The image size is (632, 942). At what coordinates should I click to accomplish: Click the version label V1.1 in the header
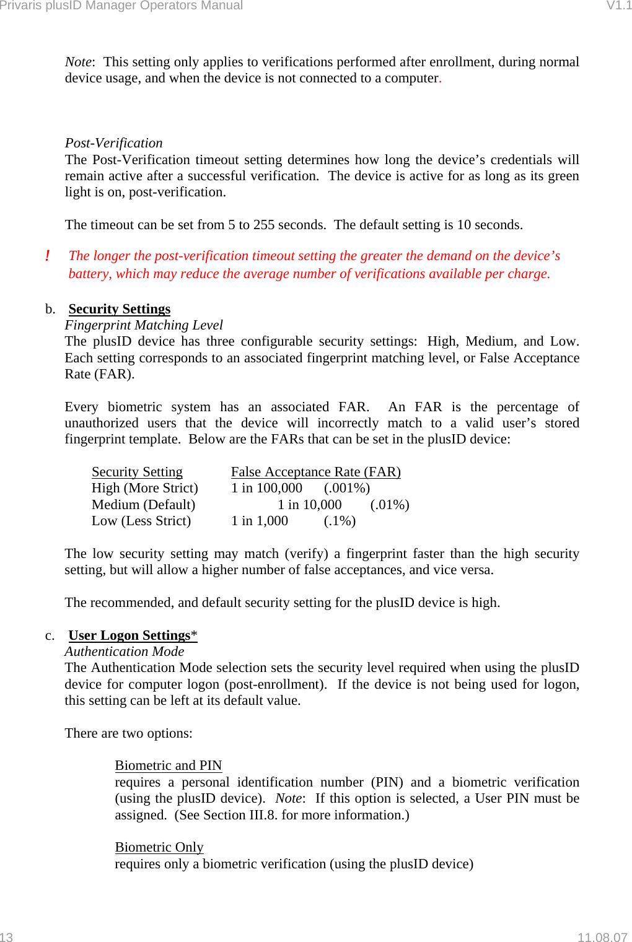[618, 6]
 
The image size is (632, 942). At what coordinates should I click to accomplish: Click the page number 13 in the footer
[6, 937]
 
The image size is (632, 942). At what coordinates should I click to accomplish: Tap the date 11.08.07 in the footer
[602, 937]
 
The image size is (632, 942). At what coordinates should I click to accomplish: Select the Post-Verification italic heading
[113, 143]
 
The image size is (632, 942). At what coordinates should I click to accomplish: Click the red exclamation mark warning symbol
[47, 256]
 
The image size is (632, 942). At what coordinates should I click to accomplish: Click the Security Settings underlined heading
[119, 309]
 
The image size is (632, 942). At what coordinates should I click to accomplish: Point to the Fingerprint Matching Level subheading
[143, 325]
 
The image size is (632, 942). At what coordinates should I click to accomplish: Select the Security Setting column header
[137, 472]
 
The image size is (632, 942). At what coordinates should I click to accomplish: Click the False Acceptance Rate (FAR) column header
[315, 472]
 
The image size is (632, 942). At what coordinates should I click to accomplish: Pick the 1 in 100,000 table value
[266, 488]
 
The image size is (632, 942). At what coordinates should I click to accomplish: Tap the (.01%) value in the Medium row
[389, 505]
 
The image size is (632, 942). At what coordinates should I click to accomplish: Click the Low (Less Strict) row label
[141, 521]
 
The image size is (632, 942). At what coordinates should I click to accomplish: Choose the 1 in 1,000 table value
[259, 521]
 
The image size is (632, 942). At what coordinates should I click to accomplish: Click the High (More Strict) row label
[144, 488]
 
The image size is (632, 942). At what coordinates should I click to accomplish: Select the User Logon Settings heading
[129, 635]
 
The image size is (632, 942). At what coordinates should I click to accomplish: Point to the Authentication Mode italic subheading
[124, 652]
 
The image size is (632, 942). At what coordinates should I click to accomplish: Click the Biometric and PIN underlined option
[168, 765]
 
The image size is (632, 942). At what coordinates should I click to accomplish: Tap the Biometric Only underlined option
[159, 847]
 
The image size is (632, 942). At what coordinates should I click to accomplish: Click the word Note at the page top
[78, 62]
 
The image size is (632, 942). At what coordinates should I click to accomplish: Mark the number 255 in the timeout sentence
[263, 225]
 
